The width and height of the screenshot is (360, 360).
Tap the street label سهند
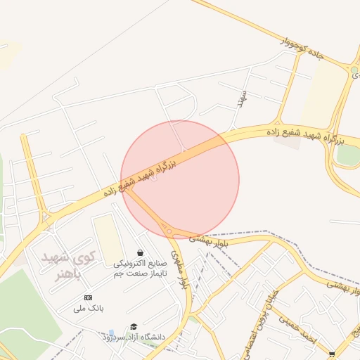[241, 98]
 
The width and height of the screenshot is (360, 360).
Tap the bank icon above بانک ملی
[88, 298]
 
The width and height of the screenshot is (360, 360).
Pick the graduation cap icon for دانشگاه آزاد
[134, 326]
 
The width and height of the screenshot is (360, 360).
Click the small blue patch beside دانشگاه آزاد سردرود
[111, 332]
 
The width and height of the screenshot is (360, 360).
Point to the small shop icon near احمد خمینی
[332, 354]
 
